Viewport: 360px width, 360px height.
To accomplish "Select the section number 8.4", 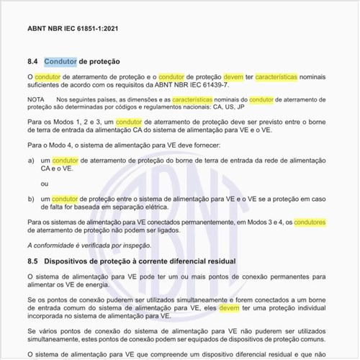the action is coord(32,62).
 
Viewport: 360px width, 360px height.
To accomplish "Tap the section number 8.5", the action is coord(32,259).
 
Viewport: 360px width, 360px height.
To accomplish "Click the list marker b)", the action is coord(31,198).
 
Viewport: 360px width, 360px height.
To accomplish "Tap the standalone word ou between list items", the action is coord(45,184).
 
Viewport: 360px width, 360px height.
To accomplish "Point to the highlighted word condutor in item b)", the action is coord(65,198).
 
